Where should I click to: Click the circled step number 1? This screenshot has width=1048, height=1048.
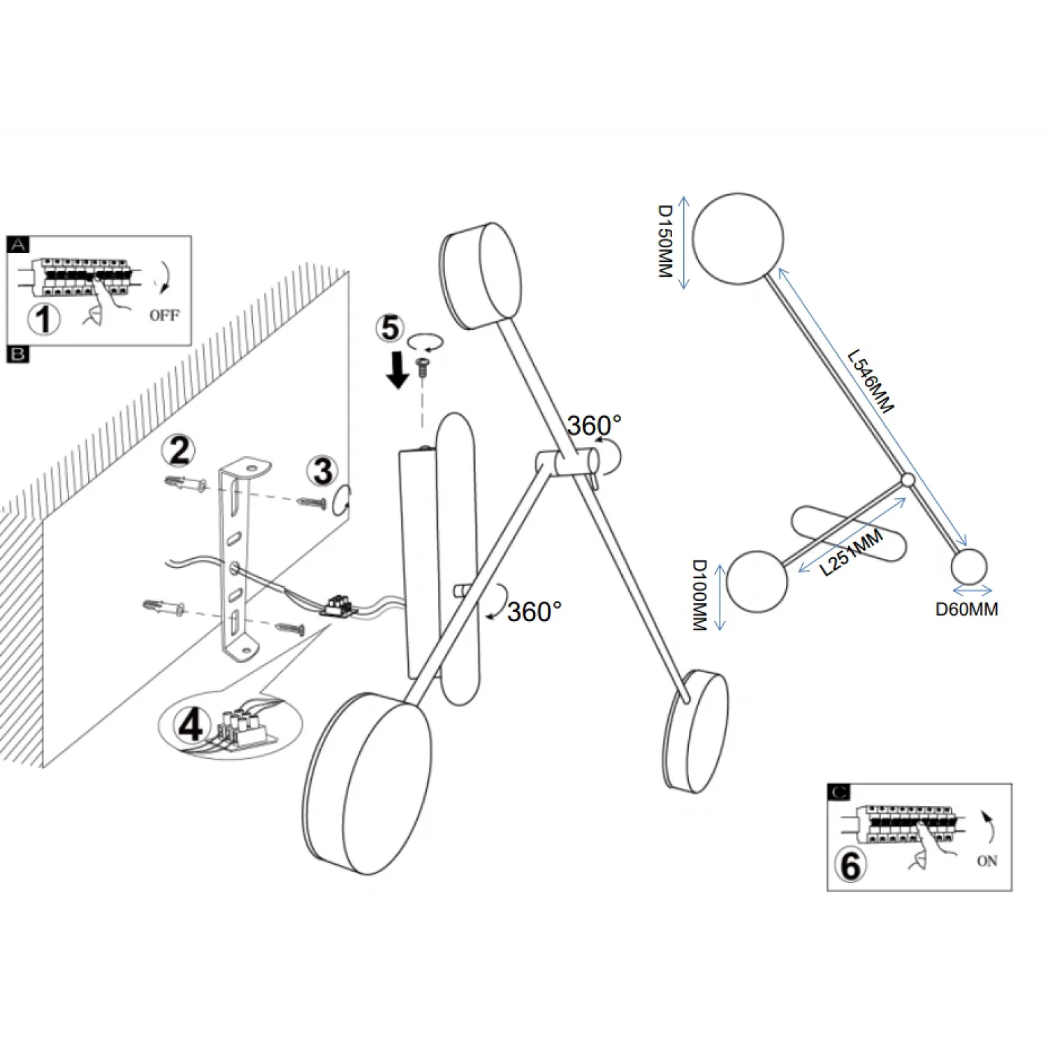(x=43, y=319)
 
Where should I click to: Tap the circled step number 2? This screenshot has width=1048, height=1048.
(x=180, y=451)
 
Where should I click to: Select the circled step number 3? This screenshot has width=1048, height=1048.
(x=323, y=471)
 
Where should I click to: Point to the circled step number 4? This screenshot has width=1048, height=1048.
(x=191, y=725)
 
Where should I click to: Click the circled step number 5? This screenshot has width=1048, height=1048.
(x=391, y=328)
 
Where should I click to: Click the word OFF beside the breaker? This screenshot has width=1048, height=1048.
(x=164, y=315)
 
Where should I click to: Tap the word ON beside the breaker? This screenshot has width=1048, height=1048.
(x=987, y=861)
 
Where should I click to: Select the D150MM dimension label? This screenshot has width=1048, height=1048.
(x=665, y=241)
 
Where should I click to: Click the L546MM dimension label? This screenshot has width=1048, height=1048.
(x=871, y=381)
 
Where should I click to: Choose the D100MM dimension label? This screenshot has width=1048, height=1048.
(x=699, y=595)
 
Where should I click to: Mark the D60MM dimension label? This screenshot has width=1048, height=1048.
(x=966, y=609)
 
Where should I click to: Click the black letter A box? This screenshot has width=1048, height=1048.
(x=18, y=245)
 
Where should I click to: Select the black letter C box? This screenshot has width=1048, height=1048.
(x=838, y=792)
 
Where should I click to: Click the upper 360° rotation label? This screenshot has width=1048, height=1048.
(x=593, y=425)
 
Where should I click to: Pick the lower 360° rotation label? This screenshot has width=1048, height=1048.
(x=534, y=612)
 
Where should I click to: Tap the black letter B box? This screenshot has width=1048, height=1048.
(x=18, y=354)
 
